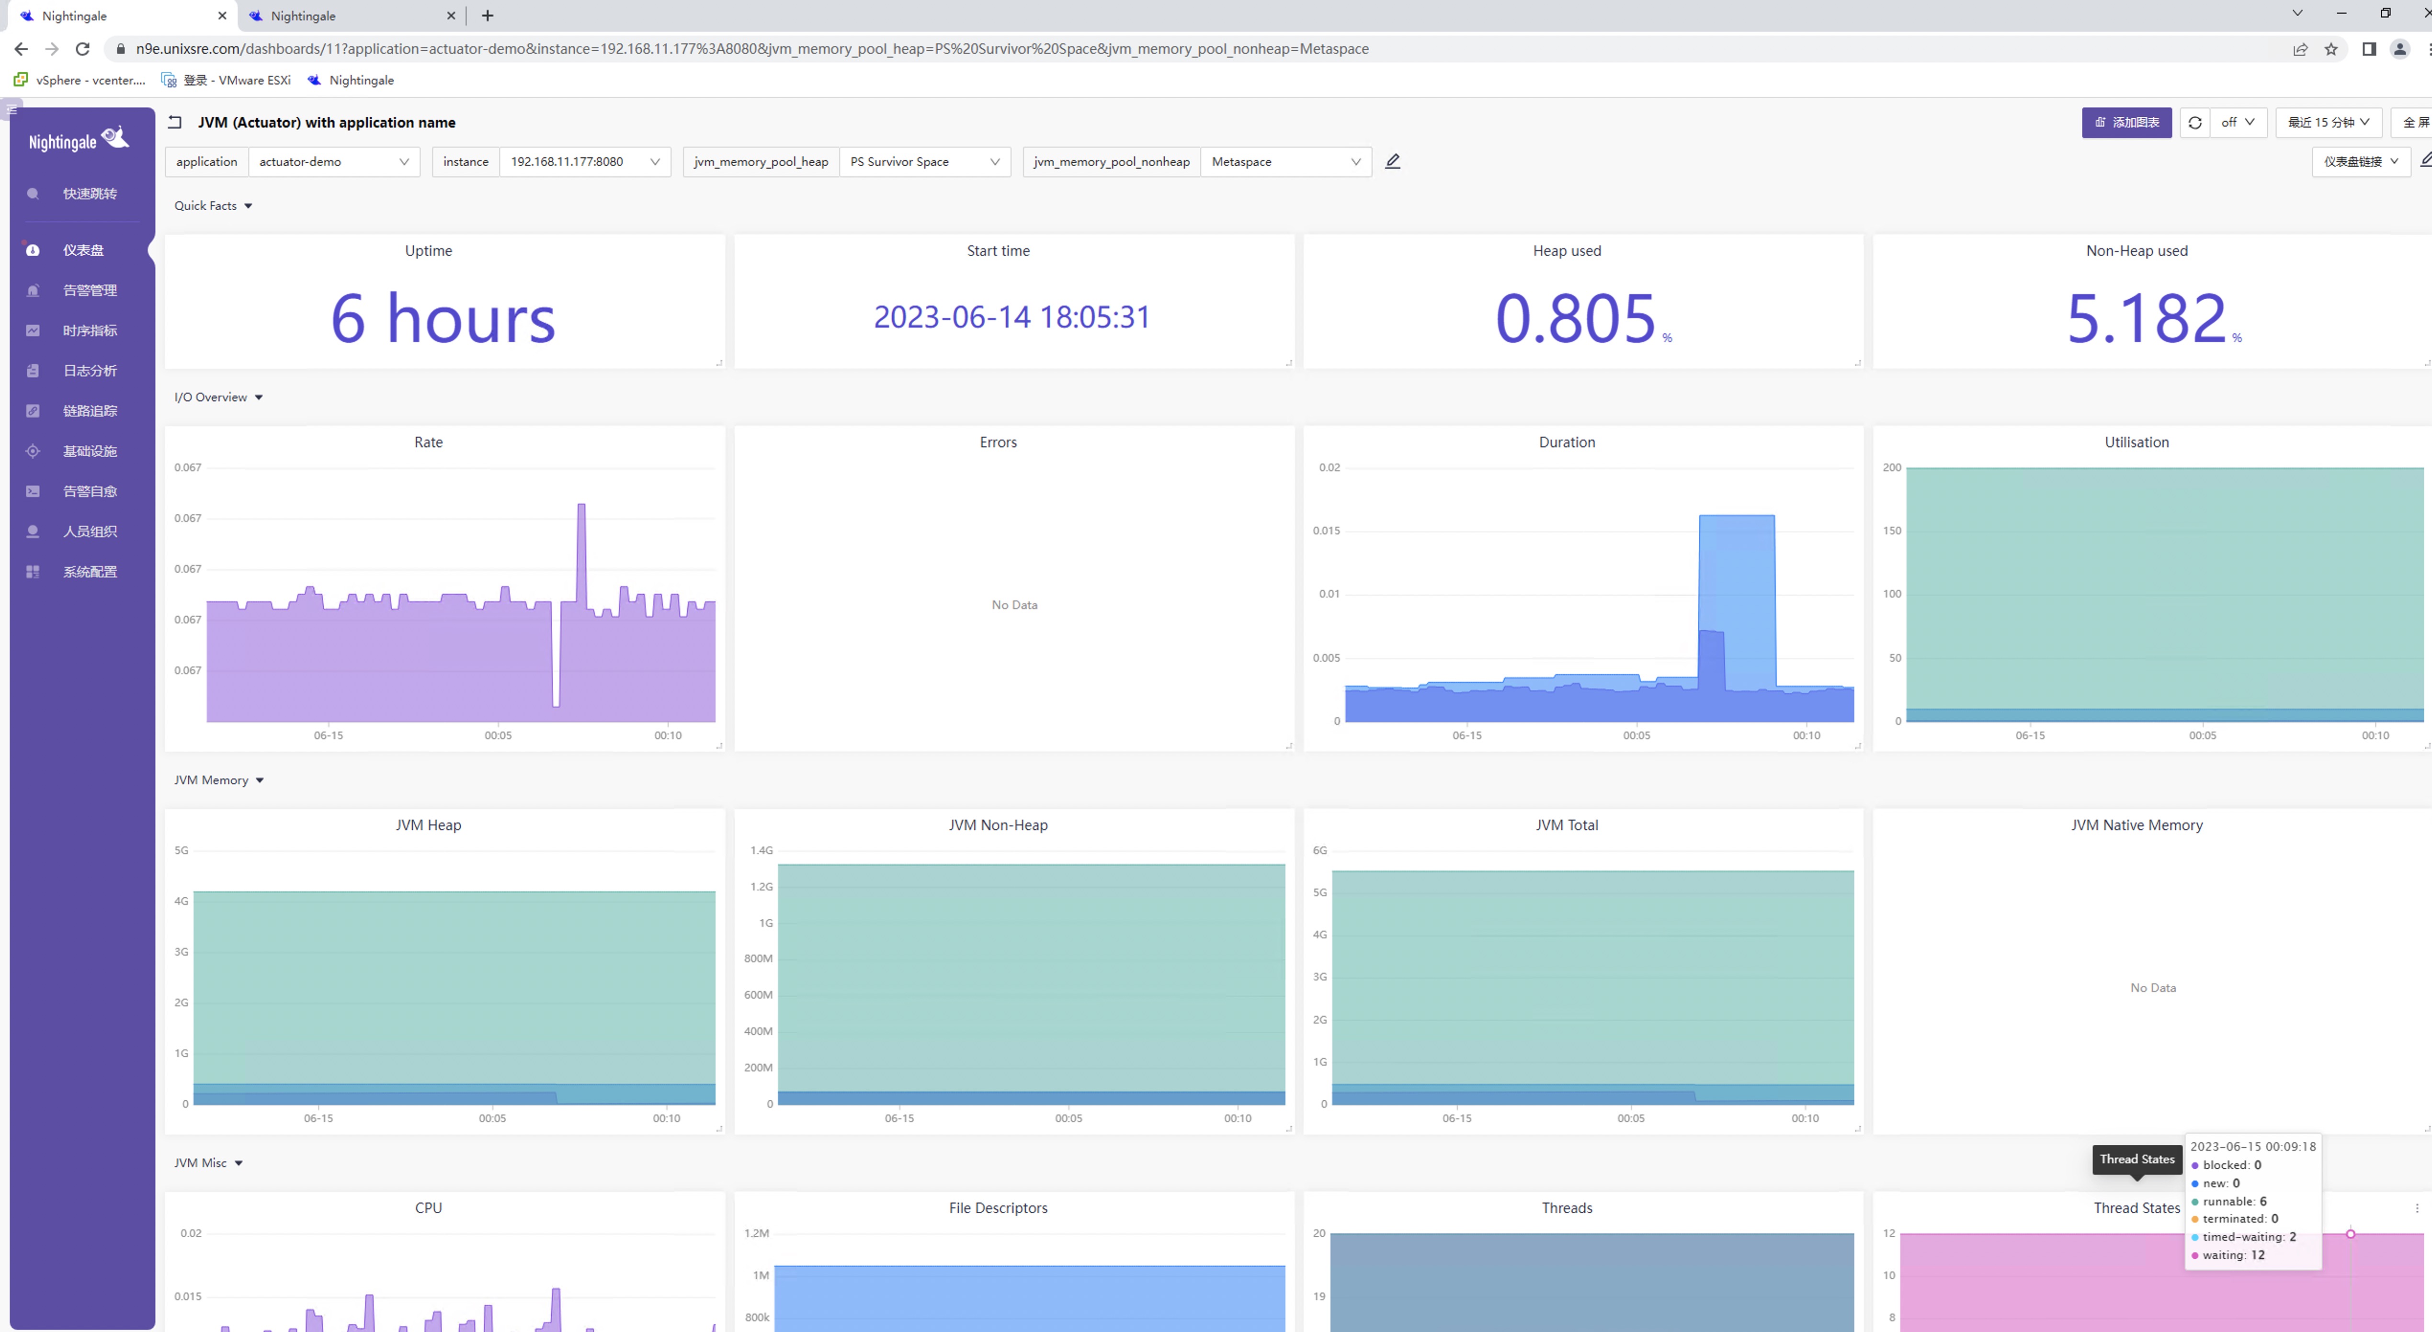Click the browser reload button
[x=83, y=49]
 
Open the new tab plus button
[x=487, y=15]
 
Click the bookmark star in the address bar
[x=2331, y=49]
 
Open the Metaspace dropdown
[x=1285, y=161]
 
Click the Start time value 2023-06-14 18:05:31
[x=1012, y=317]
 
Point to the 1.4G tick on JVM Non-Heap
[x=761, y=850]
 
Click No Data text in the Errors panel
[x=1014, y=605]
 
